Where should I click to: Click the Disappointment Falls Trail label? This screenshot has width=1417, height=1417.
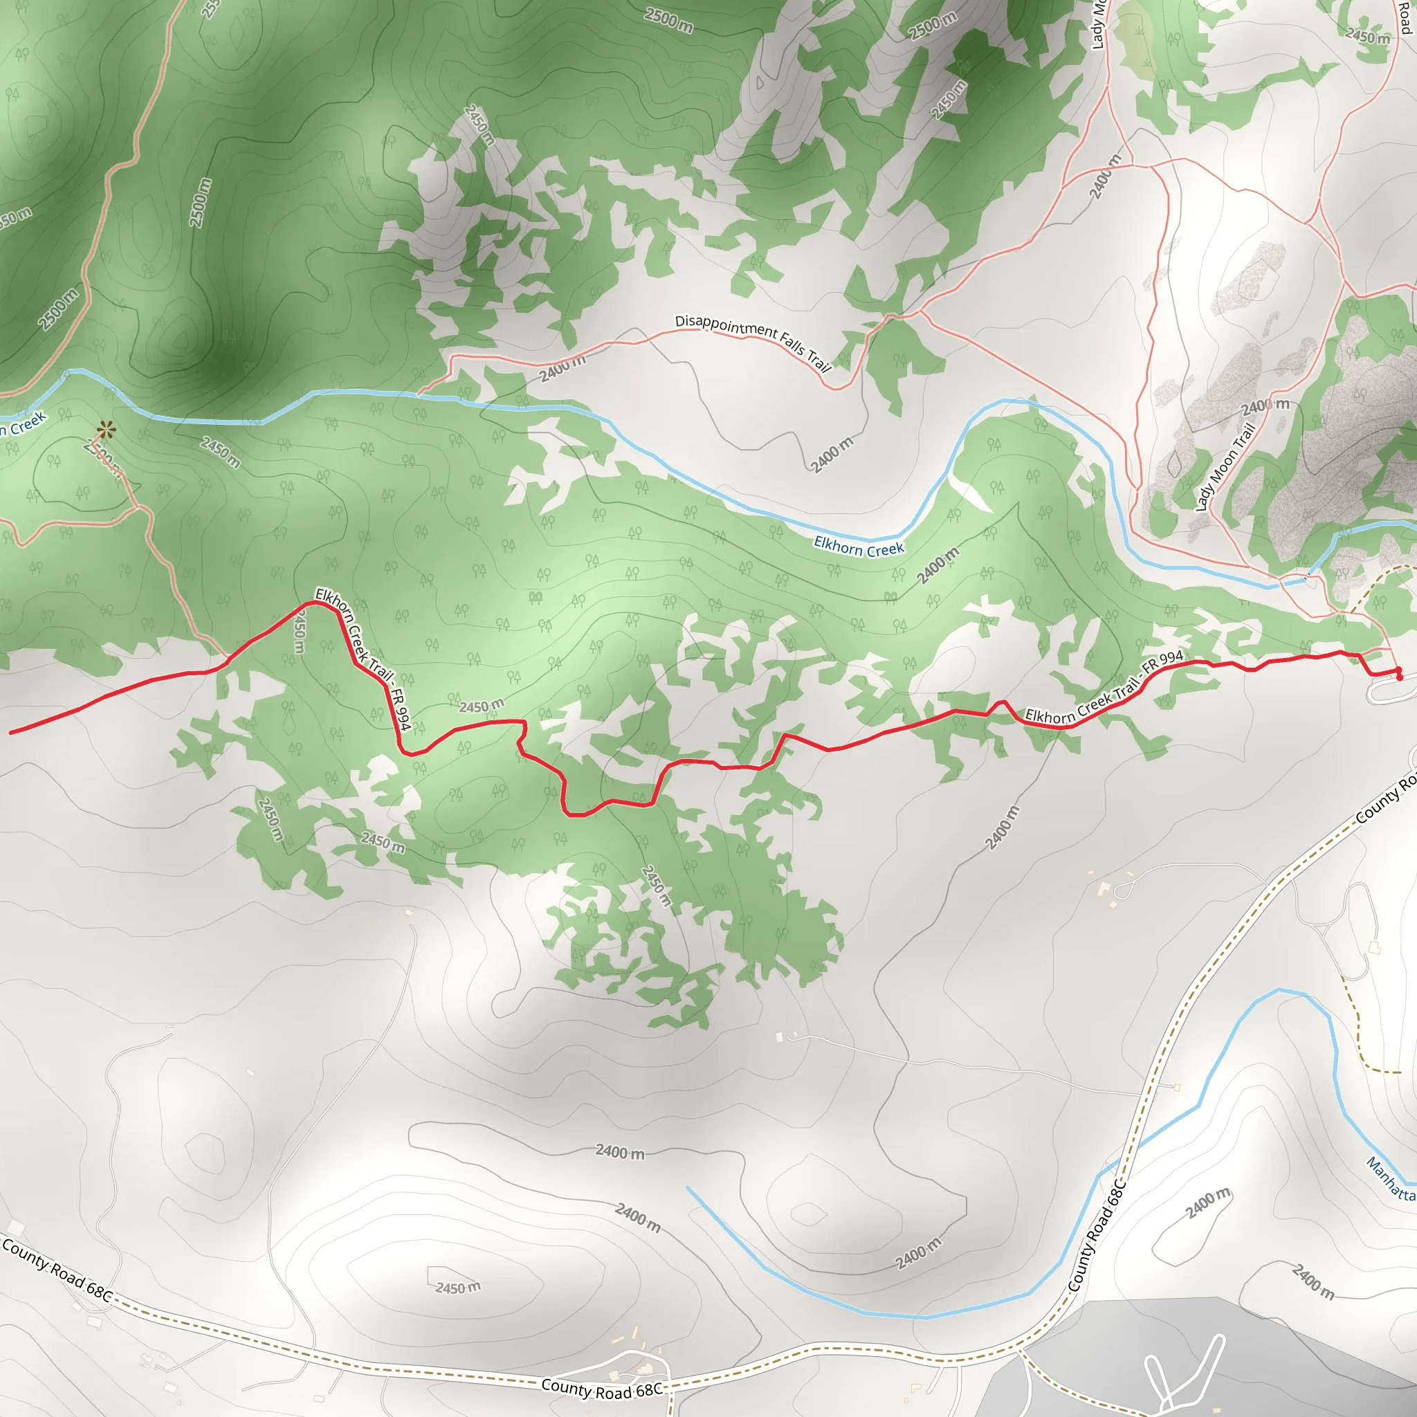pos(753,342)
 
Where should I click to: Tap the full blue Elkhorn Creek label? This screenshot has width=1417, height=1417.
pos(859,547)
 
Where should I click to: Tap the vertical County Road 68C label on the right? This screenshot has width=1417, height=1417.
pos(1097,1236)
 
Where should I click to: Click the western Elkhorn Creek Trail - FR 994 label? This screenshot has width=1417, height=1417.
pos(362,658)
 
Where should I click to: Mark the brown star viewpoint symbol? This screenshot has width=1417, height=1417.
pos(107,429)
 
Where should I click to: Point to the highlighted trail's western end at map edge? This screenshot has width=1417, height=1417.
pos(12,732)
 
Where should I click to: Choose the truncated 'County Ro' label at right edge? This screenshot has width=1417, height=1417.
pos(1386,798)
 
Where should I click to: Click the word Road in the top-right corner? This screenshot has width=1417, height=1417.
pos(1405,16)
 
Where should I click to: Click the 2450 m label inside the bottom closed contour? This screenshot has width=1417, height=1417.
pos(457,1288)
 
